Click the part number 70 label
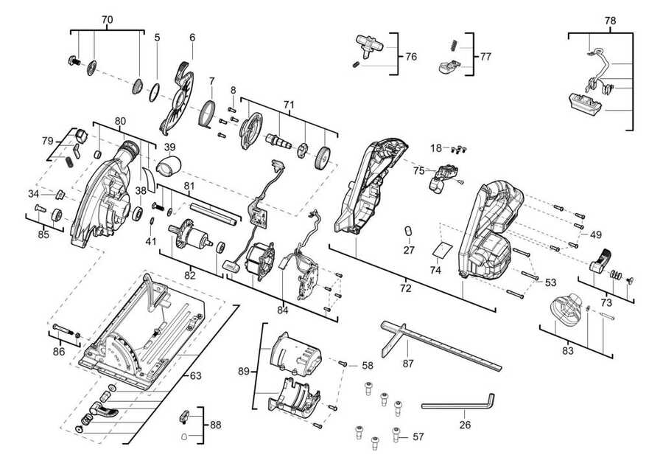point(108,18)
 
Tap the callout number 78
point(610,21)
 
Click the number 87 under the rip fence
point(408,364)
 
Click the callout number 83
point(567,351)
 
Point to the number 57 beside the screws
point(418,437)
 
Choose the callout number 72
point(405,288)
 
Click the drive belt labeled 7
point(207,117)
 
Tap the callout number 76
point(411,56)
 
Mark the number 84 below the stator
point(282,310)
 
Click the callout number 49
point(596,235)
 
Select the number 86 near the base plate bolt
point(59,352)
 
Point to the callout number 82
point(190,275)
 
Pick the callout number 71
point(289,105)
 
